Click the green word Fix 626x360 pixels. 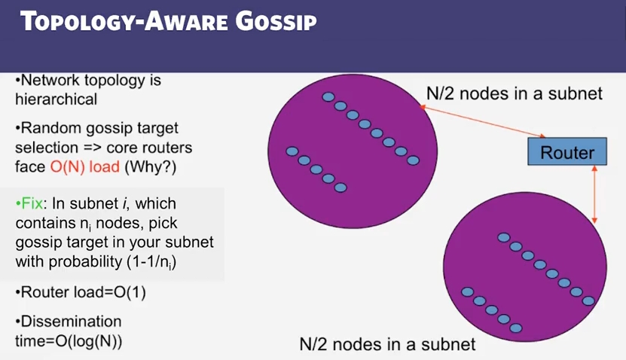pos(32,205)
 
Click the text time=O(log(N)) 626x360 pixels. pos(69,340)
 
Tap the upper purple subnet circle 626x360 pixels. pos(353,139)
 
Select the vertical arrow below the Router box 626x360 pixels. pos(595,194)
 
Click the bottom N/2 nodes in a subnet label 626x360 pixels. pos(387,345)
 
